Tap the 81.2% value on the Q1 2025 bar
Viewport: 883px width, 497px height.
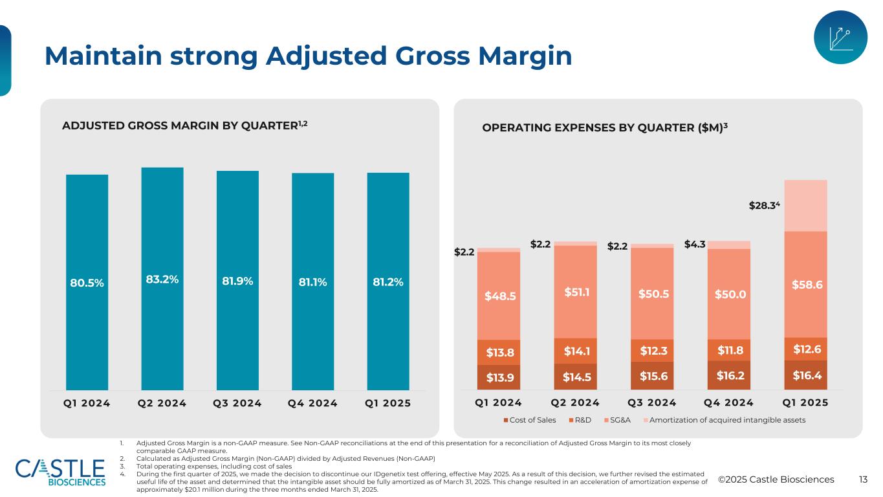pos(388,282)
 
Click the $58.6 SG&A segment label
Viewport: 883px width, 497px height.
pos(806,284)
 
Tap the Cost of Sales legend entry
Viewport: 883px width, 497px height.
pos(530,420)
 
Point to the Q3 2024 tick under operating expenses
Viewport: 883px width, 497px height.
pos(651,403)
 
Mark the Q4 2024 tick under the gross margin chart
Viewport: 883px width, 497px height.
pos(313,403)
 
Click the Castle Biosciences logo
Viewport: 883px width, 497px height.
pos(60,472)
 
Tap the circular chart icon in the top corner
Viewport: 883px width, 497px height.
pos(840,38)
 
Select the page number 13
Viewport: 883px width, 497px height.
pos(863,480)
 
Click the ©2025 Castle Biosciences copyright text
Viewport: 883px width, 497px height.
pos(776,480)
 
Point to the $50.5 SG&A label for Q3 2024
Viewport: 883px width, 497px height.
pos(651,293)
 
